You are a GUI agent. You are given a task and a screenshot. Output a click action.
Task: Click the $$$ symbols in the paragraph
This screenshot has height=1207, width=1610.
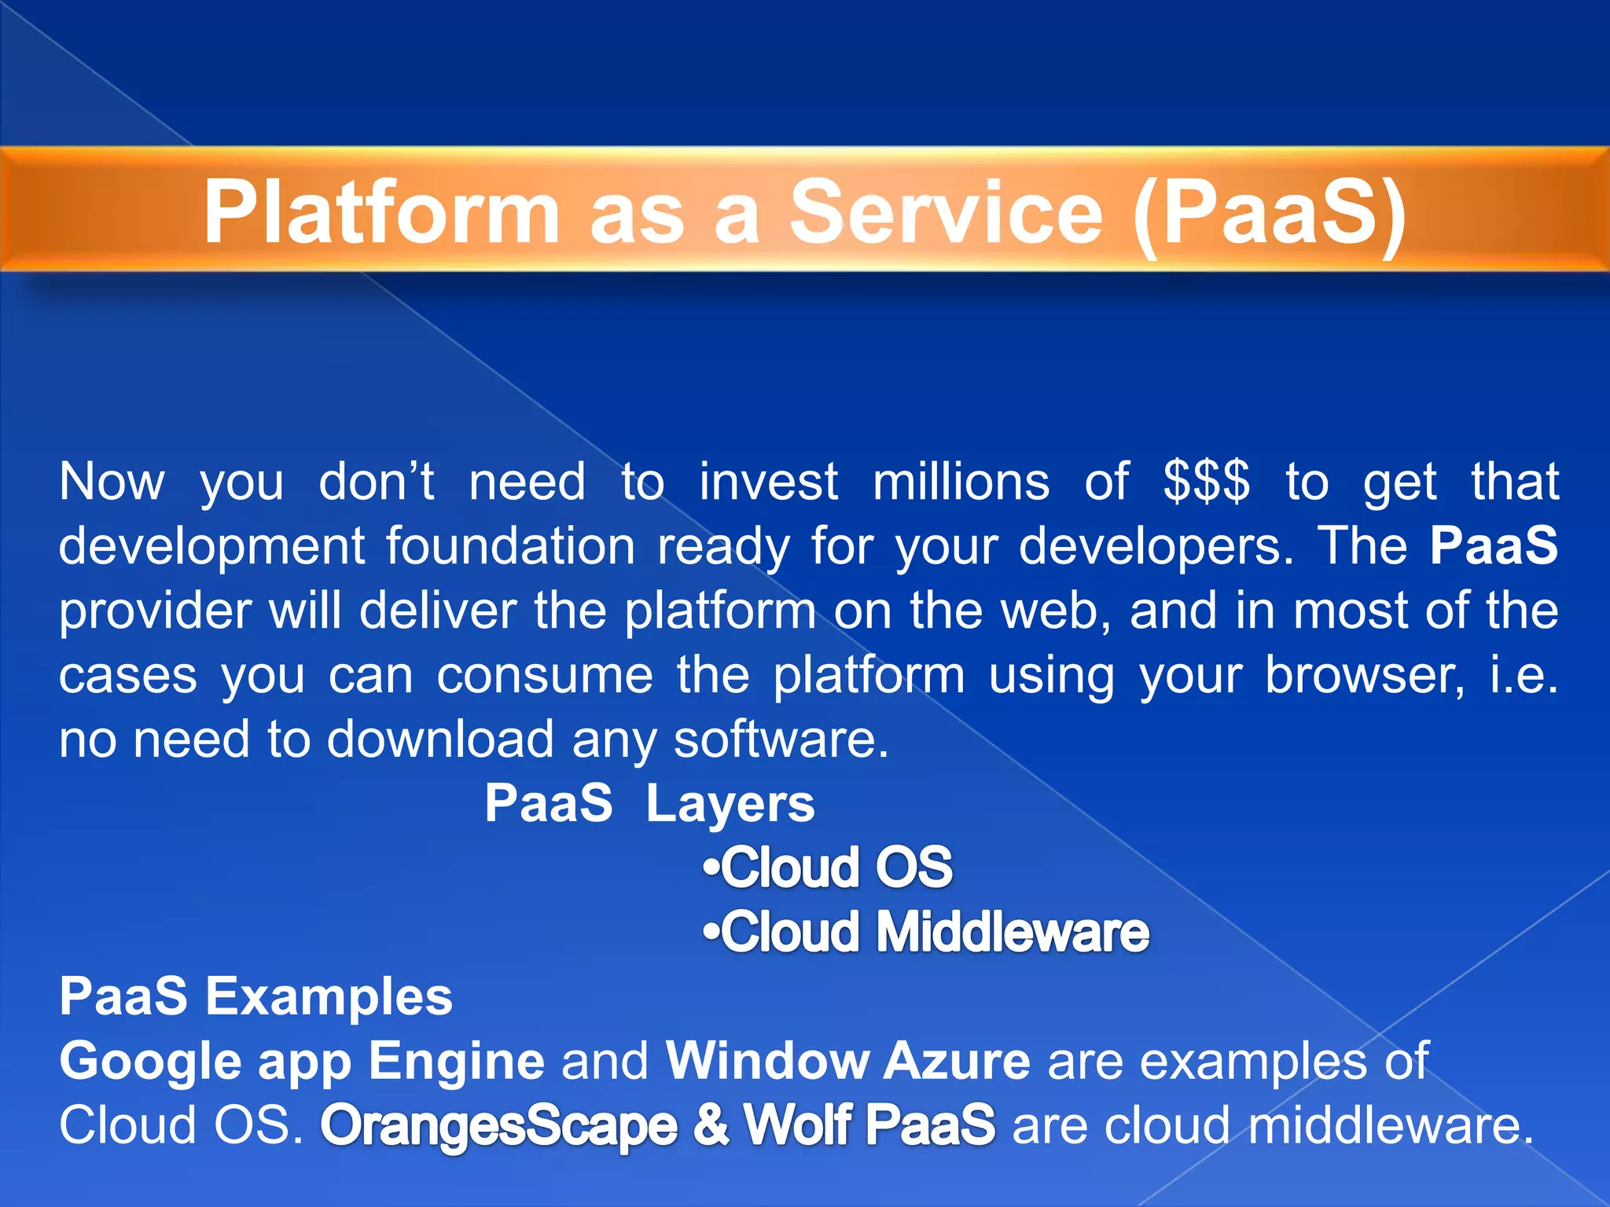tap(1206, 481)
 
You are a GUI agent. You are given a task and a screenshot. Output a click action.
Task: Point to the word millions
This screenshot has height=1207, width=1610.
tap(961, 481)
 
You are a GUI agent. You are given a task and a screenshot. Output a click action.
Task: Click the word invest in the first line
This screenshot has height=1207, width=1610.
tap(768, 481)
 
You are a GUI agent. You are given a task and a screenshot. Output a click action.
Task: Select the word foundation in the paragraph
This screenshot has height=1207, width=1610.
tap(510, 545)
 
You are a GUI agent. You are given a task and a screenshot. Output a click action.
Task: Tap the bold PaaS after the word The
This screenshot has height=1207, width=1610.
tap(1493, 545)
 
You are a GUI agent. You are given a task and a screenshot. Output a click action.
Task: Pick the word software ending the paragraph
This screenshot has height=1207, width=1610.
tap(781, 739)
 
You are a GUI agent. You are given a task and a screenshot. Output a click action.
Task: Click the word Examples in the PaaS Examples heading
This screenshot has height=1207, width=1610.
tap(329, 996)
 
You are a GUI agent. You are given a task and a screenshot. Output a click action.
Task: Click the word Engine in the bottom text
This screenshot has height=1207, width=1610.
tap(456, 1061)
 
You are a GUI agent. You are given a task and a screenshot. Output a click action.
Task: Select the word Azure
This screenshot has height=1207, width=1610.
tap(956, 1061)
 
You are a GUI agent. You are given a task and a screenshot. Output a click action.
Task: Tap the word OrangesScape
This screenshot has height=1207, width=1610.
tap(498, 1125)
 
